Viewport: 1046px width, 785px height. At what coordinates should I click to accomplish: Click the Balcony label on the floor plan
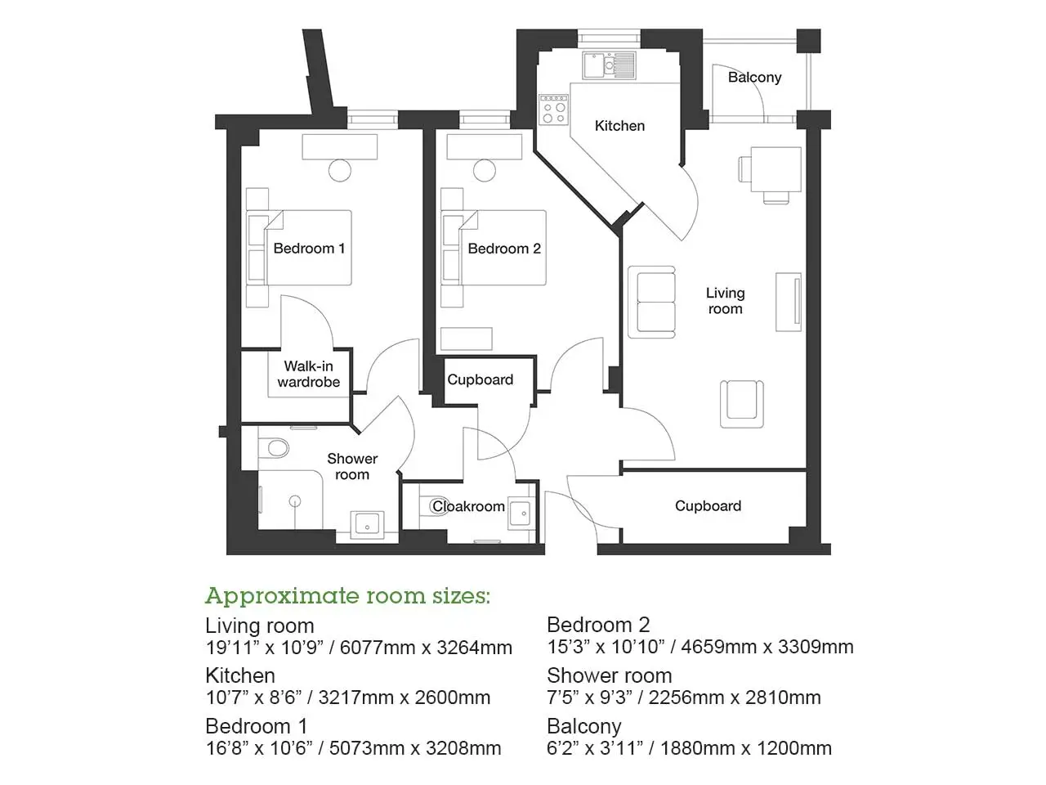pyautogui.click(x=754, y=77)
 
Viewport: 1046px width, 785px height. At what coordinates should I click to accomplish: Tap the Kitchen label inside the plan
pyautogui.click(x=619, y=126)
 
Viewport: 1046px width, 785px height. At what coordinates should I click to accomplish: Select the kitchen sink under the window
pyautogui.click(x=609, y=65)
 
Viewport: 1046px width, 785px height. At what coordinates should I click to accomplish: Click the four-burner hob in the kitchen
pyautogui.click(x=554, y=110)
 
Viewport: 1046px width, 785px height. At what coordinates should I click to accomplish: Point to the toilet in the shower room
pyautogui.click(x=274, y=447)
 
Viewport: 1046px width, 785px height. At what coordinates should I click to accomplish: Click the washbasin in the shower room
pyautogui.click(x=367, y=525)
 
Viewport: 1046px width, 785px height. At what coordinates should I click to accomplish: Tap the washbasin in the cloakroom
pyautogui.click(x=521, y=514)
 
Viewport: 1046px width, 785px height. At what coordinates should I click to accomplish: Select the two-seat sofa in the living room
pyautogui.click(x=651, y=303)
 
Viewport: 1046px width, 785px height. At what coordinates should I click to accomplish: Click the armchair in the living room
pyautogui.click(x=741, y=404)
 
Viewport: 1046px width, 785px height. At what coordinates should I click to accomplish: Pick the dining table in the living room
pyautogui.click(x=776, y=169)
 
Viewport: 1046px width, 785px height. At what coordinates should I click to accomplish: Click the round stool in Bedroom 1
pyautogui.click(x=340, y=170)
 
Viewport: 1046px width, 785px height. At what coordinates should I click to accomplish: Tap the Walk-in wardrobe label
pyautogui.click(x=309, y=375)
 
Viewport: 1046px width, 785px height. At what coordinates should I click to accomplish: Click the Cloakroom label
pyautogui.click(x=468, y=506)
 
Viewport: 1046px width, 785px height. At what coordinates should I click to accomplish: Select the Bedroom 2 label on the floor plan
pyautogui.click(x=504, y=249)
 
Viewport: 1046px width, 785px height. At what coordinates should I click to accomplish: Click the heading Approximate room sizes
pyautogui.click(x=347, y=596)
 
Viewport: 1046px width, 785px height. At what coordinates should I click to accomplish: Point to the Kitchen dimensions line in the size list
pyautogui.click(x=348, y=698)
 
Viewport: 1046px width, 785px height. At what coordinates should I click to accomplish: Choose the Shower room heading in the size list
pyautogui.click(x=609, y=675)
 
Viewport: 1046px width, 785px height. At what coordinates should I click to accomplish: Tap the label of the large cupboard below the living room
pyautogui.click(x=709, y=505)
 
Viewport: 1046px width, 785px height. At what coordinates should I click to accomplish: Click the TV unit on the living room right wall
pyautogui.click(x=789, y=303)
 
